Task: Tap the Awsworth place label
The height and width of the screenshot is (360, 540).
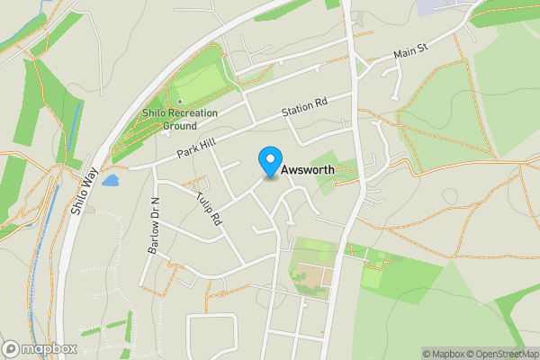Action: (x=310, y=170)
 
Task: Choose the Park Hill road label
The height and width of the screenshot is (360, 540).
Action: (x=198, y=145)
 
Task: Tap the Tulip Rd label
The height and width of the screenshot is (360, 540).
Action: (x=210, y=208)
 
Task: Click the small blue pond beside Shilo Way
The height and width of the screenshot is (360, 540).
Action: (x=111, y=181)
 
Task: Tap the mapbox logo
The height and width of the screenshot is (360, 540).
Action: (x=38, y=348)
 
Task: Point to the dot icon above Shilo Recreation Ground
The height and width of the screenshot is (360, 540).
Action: (x=179, y=101)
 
